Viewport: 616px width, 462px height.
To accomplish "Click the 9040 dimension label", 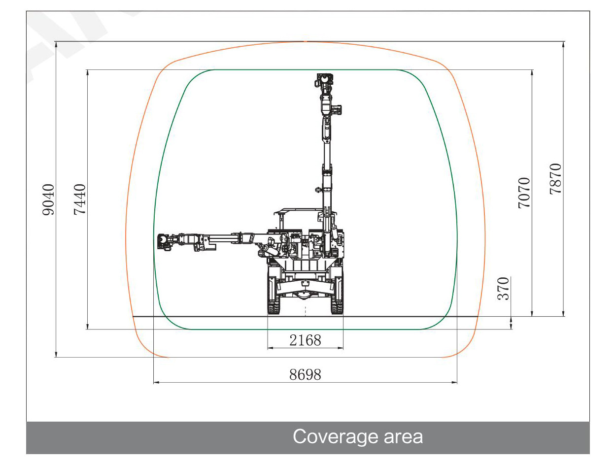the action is click(x=48, y=199).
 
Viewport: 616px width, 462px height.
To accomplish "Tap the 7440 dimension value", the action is click(x=80, y=199).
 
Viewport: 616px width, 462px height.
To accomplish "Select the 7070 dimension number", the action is click(x=524, y=193).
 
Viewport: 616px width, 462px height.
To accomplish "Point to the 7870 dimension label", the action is click(x=555, y=179).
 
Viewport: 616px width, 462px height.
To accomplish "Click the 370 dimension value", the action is click(x=503, y=289).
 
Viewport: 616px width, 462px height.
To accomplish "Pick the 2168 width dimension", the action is click(x=305, y=340).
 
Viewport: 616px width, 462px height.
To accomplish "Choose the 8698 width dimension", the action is click(x=305, y=375).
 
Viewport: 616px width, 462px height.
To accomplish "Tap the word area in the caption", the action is click(x=403, y=437).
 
